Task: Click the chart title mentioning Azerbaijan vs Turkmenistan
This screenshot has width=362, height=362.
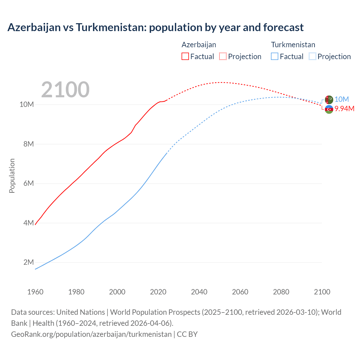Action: coord(155,27)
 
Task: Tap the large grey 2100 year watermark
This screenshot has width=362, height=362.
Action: coord(65,90)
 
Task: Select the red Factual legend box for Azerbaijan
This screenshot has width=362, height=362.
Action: coord(185,56)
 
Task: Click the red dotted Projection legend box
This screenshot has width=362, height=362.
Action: coord(223,56)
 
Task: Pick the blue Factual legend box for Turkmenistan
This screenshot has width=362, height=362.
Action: coord(275,56)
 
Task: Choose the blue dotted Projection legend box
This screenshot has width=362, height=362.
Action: coord(312,56)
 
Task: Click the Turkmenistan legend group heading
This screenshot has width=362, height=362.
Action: coord(293,45)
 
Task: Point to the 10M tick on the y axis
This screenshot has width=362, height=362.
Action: coord(27,105)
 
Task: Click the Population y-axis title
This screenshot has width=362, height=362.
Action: coord(12,176)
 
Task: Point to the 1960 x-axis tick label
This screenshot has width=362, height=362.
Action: coord(35,292)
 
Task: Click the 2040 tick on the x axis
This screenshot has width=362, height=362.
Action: coord(199,292)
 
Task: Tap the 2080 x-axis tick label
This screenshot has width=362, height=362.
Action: coord(281,292)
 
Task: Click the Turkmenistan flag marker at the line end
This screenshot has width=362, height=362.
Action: coord(329,100)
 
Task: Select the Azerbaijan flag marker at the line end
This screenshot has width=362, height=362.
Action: coord(329,109)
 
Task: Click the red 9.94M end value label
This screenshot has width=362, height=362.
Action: coord(344,109)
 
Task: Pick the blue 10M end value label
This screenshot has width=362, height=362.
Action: coord(342,99)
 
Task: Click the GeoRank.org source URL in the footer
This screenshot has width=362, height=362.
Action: coord(91,334)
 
